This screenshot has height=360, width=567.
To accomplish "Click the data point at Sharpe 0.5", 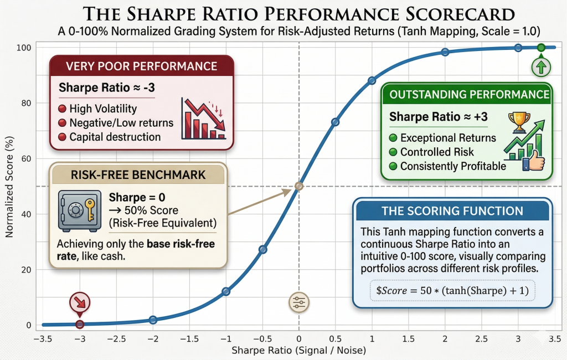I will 335,122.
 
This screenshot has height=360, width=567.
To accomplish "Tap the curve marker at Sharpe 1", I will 372,81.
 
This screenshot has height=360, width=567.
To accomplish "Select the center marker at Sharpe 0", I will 298,186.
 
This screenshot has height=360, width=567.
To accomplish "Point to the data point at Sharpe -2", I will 153,320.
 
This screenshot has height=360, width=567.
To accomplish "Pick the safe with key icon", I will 79,210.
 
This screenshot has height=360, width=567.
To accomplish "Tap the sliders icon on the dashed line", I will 298,302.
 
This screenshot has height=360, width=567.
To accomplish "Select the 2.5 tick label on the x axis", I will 481,338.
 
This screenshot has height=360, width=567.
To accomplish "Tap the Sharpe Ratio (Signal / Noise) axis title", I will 298,351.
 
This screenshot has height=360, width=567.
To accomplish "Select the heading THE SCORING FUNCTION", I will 452,210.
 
